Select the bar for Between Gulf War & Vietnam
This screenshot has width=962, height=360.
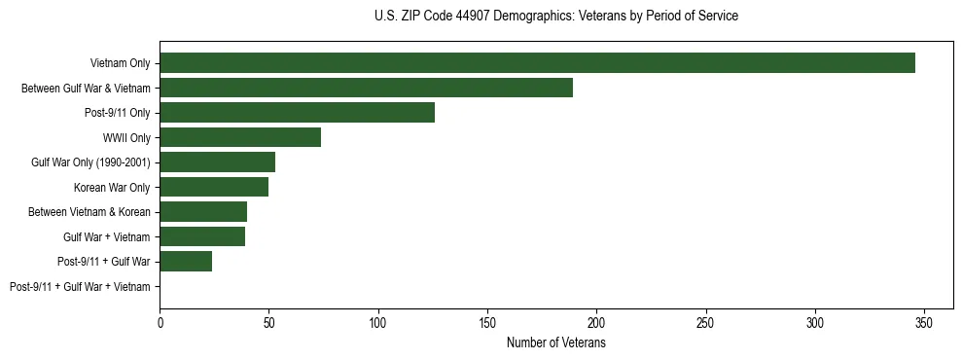(x=366, y=88)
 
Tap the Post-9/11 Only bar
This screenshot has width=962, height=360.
(x=297, y=113)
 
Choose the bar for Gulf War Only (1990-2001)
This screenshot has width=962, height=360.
(x=217, y=162)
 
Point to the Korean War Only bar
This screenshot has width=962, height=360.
(x=214, y=187)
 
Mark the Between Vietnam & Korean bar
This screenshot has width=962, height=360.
(x=203, y=212)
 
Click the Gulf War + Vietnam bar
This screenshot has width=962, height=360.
(x=202, y=236)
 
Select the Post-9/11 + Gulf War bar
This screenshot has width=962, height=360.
(x=186, y=262)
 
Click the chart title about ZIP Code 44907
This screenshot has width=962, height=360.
(x=555, y=17)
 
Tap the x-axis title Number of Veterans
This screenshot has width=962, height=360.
(x=555, y=342)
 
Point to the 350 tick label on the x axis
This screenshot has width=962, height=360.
(x=924, y=322)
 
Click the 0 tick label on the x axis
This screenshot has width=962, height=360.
(x=160, y=322)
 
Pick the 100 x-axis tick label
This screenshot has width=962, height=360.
(x=378, y=322)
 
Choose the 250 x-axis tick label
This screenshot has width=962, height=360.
(x=706, y=322)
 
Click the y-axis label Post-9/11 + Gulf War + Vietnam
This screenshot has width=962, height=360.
(x=80, y=287)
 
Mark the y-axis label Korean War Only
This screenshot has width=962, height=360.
(x=112, y=188)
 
